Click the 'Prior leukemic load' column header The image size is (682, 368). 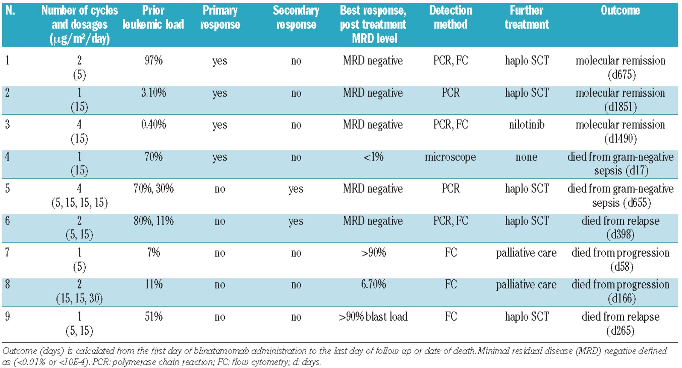coord(153,17)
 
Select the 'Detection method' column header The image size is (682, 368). coord(450,17)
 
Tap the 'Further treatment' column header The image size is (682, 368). coord(526,17)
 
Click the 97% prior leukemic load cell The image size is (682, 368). coord(153,61)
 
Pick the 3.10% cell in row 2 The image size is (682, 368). coord(153,93)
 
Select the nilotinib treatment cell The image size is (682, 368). coord(526,125)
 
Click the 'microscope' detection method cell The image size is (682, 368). coord(450,157)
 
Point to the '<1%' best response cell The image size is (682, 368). coord(373,157)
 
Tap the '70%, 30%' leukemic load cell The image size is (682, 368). coord(153,189)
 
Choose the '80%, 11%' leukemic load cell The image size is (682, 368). coord(153,221)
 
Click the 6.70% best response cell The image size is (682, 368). coord(373,284)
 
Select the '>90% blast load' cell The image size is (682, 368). coord(373,317)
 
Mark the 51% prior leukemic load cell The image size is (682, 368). coord(153,317)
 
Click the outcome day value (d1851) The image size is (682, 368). coord(620,107)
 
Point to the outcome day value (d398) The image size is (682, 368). coord(620,235)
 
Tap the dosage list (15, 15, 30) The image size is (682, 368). coord(79,299)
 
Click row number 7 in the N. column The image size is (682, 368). coord(8,253)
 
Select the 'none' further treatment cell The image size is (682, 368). coord(526,157)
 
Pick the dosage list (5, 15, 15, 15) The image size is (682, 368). coord(79,203)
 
